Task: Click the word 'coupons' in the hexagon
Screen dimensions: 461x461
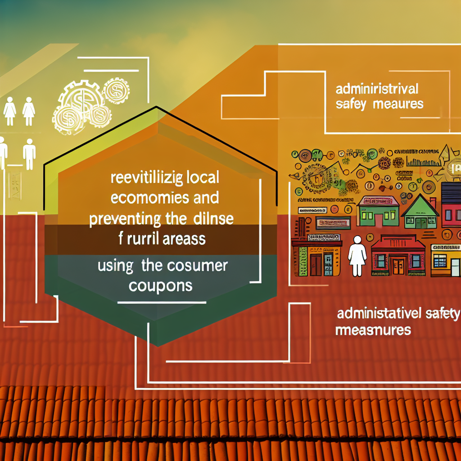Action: pyautogui.click(x=160, y=285)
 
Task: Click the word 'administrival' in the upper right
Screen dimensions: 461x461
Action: pyautogui.click(x=378, y=88)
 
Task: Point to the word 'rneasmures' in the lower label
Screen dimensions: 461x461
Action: pyautogui.click(x=373, y=330)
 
